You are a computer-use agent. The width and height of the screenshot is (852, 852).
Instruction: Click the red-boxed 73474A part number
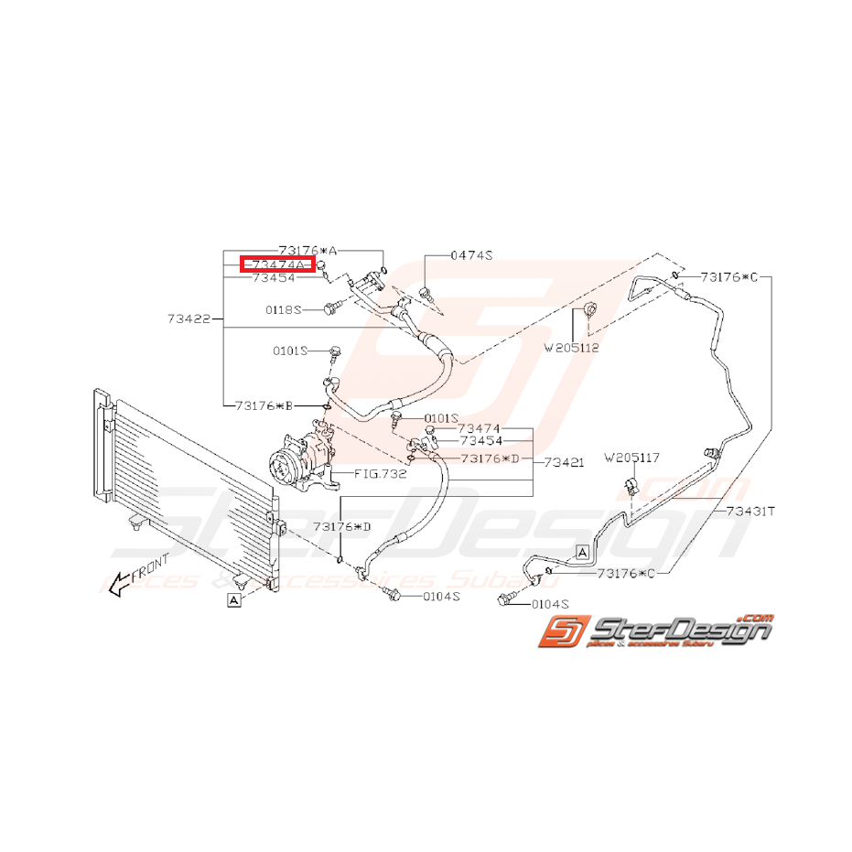pyautogui.click(x=278, y=264)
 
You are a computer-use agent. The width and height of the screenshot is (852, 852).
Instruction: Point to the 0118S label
pyautogui.click(x=285, y=309)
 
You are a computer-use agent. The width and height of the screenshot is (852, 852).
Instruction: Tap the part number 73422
pyautogui.click(x=189, y=318)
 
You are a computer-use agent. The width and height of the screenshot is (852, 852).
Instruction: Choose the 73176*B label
pyautogui.click(x=265, y=404)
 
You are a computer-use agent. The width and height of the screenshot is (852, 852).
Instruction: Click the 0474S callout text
pyautogui.click(x=471, y=256)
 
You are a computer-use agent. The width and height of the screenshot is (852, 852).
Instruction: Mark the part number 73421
pyautogui.click(x=563, y=464)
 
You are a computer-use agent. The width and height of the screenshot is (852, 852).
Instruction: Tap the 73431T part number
pyautogui.click(x=750, y=511)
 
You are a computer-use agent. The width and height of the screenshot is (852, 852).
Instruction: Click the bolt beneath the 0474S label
pyautogui.click(x=426, y=294)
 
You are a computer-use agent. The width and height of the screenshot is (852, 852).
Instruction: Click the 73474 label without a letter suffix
pyautogui.click(x=479, y=428)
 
